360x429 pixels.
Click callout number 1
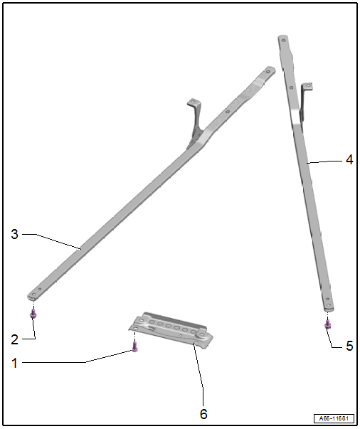14,363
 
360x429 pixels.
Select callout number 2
14,339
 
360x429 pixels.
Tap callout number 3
14,234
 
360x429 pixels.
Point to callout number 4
349,160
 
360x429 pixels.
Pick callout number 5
349,346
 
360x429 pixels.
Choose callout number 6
203,414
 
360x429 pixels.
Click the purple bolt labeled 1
134,346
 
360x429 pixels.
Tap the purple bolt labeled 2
33,314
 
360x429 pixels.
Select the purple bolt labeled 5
328,324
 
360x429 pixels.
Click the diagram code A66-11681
334,418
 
